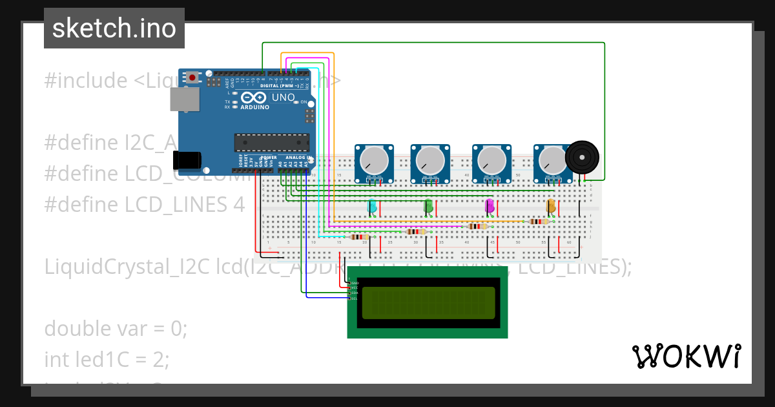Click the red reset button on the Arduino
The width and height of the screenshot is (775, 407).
click(192, 78)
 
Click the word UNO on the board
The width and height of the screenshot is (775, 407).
click(283, 98)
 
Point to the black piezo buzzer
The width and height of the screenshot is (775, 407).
click(582, 157)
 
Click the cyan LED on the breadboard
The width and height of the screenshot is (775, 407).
click(372, 206)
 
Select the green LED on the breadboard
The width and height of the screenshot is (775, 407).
click(428, 206)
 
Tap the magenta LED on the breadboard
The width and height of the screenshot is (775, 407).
click(490, 206)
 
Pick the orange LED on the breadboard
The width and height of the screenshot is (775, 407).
click(551, 206)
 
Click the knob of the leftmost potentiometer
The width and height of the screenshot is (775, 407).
click(374, 160)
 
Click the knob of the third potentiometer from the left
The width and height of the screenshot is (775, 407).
click(491, 160)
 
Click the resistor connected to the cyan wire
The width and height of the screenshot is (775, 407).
click(359, 237)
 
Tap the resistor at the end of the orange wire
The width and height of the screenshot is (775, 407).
click(539, 222)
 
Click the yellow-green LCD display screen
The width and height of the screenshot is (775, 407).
click(428, 303)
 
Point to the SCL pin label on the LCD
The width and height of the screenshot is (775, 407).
click(355, 298)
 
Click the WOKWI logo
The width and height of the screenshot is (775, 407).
click(686, 356)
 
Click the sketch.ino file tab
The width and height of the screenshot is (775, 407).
click(114, 28)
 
